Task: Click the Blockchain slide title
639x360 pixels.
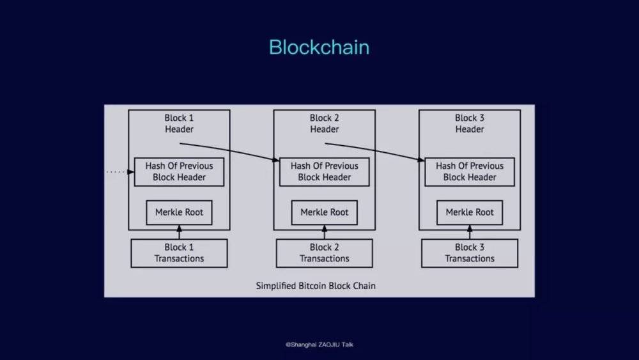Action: coord(319,47)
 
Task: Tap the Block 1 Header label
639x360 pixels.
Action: coord(179,123)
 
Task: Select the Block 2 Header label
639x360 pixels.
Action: coord(325,123)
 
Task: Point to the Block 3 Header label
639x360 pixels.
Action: coord(470,123)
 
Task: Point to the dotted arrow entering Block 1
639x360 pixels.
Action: coord(120,172)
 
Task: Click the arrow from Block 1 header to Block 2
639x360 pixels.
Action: coord(229,150)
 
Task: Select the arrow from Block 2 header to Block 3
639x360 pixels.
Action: coord(374,150)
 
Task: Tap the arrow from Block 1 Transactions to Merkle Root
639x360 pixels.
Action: coord(179,232)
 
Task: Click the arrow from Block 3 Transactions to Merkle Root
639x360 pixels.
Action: coord(470,232)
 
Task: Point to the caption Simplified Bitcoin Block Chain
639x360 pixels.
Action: coord(316,286)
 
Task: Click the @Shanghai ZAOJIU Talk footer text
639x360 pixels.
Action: coord(319,345)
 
